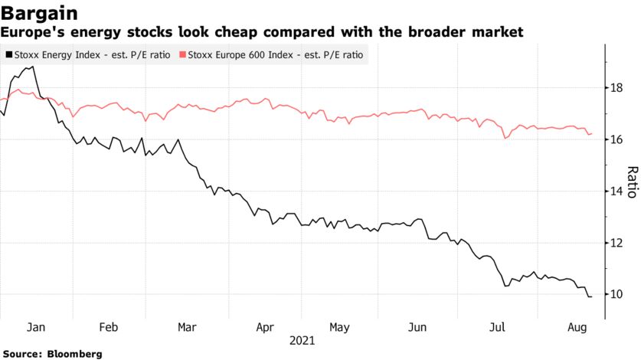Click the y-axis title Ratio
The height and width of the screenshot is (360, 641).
[x=632, y=181]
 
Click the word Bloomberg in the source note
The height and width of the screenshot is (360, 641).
[x=74, y=354]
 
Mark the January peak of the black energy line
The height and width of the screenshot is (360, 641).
[x=31, y=67]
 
